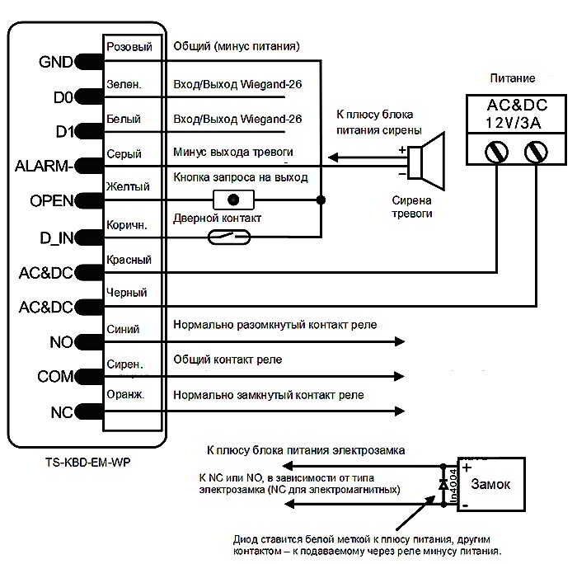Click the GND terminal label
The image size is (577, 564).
[x=54, y=62]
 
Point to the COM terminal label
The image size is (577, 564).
[x=54, y=377]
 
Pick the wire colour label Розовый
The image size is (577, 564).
[x=129, y=46]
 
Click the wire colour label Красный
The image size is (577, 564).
[x=129, y=260]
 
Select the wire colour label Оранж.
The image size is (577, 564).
[x=125, y=395]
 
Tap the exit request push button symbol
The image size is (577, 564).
[x=233, y=200]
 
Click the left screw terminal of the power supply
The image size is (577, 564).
[x=497, y=152]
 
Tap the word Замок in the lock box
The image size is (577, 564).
[x=490, y=484]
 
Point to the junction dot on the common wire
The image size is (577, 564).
[x=320, y=200]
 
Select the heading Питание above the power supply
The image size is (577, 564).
[x=513, y=78]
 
